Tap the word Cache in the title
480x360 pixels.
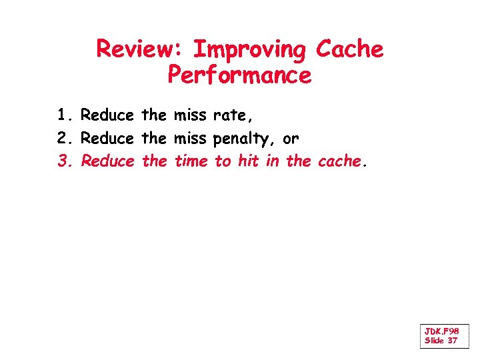350,49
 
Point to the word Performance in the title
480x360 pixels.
239,75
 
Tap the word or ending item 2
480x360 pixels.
291,139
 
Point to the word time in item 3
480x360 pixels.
191,161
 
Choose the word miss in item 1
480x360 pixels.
190,115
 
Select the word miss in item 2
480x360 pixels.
190,139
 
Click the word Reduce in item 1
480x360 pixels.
107,115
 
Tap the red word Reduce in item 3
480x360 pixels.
107,161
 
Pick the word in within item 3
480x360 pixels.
272,161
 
